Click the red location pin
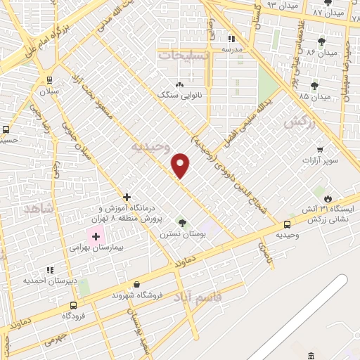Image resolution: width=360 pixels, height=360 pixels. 181,165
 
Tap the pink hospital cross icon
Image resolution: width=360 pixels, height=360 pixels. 96,237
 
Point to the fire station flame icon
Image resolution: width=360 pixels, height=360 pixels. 327,195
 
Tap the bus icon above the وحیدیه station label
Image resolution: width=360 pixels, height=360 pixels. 288,224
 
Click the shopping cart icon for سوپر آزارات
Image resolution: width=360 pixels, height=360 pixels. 320,150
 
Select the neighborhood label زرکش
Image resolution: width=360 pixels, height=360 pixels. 297,122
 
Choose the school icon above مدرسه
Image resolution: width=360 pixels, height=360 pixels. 231,39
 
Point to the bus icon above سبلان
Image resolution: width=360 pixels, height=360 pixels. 49,80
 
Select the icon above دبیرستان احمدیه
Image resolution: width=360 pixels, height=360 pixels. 49,270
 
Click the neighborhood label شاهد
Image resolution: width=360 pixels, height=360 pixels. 38,210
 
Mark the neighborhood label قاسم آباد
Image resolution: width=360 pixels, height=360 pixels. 198,297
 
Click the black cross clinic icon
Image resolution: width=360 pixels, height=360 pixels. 127,197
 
